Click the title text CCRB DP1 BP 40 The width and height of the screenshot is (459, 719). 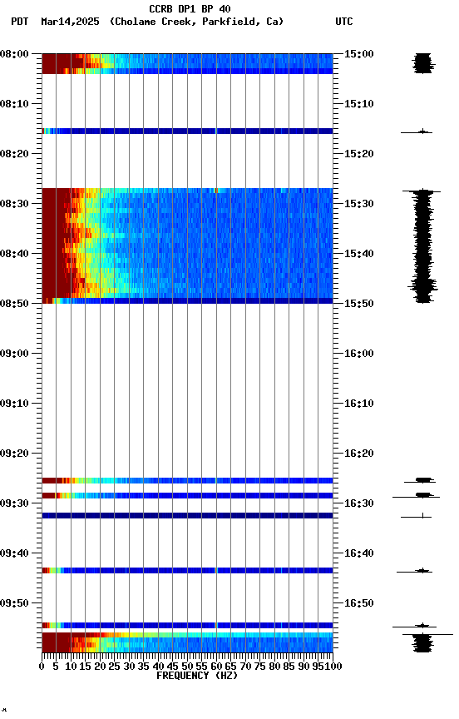click(190, 9)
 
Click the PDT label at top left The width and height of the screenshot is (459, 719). click(19, 22)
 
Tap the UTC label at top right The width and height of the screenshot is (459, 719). click(343, 22)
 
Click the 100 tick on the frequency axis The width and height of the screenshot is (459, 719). click(333, 666)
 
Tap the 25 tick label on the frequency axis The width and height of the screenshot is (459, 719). click(115, 666)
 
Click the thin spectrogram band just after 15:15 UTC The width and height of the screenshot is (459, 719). click(187, 131)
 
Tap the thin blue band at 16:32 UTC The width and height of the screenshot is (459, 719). click(187, 516)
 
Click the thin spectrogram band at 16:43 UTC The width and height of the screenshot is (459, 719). click(187, 570)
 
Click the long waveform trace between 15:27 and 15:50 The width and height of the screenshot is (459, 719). click(423, 245)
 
